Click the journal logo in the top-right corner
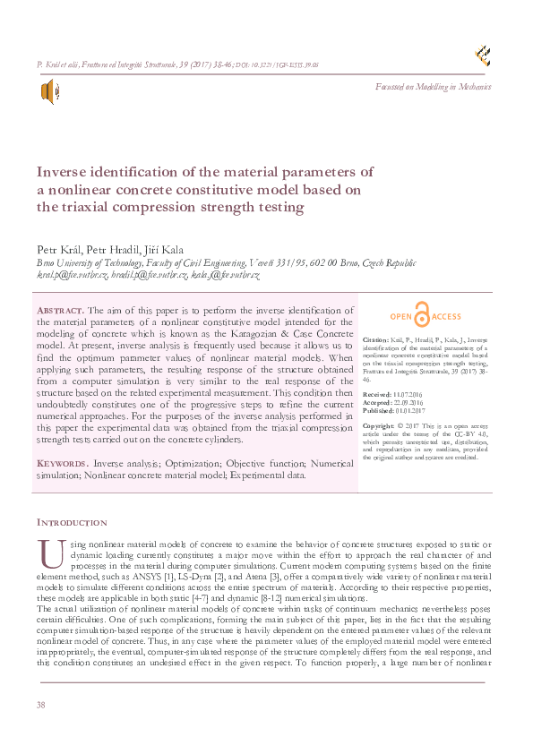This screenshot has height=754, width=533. [x=484, y=56]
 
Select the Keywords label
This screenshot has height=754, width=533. [x=62, y=464]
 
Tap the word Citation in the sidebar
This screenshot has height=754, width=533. [x=376, y=341]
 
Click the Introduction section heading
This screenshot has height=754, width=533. [x=72, y=522]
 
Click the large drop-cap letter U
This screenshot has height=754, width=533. [x=47, y=555]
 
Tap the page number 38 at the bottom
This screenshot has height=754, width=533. [x=40, y=706]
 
